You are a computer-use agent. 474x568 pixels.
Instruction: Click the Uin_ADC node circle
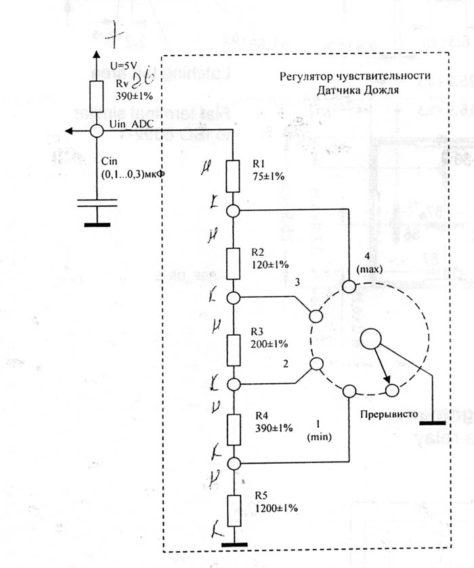(x=97, y=131)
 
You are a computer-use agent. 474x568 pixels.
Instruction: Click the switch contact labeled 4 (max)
(x=349, y=287)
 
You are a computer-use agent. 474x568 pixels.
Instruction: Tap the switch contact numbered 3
(x=315, y=315)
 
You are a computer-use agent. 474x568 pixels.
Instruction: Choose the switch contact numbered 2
(x=315, y=366)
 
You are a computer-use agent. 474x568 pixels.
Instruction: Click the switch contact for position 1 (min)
(x=349, y=391)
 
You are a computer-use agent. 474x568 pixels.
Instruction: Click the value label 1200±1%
(x=276, y=507)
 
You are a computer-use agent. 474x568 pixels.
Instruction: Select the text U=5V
(x=123, y=65)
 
